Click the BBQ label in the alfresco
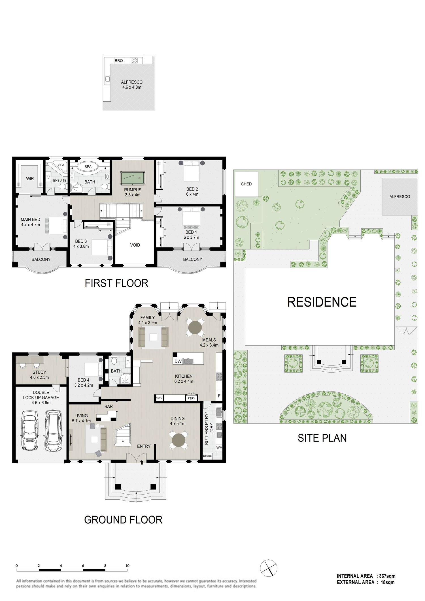point(119,61)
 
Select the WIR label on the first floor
point(30,178)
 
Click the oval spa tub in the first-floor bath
point(88,167)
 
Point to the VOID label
point(135,245)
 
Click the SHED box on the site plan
point(246,184)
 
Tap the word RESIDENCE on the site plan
point(322,302)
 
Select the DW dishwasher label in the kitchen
point(178,361)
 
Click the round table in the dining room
point(178,440)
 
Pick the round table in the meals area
point(195,327)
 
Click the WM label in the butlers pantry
point(219,448)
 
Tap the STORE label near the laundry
point(207,456)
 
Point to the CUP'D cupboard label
point(160,398)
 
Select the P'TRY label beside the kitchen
point(191,398)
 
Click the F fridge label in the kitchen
point(219,396)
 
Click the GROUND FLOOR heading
point(123,520)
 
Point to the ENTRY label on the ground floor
point(144,446)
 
